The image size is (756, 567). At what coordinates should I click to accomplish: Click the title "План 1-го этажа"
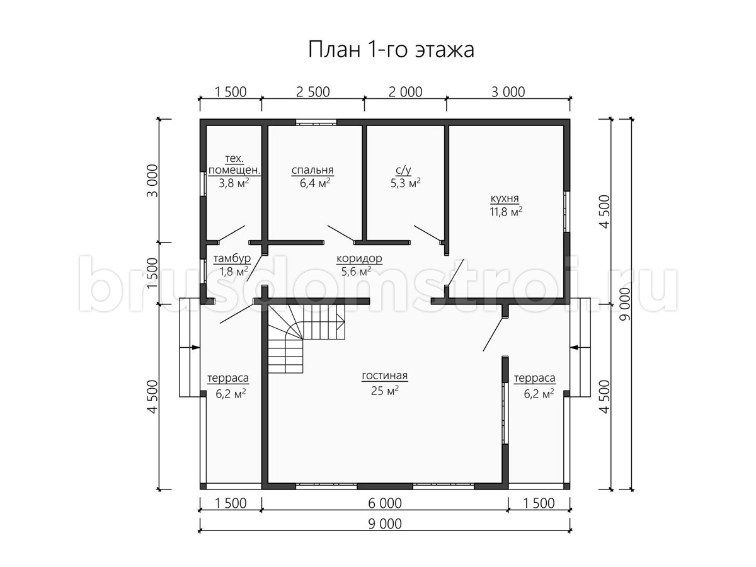click(391, 50)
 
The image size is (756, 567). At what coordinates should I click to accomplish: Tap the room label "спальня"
click(312, 170)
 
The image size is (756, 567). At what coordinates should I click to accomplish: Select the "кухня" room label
click(505, 198)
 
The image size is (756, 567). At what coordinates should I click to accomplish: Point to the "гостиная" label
click(385, 375)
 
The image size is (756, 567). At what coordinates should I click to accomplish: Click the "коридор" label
click(359, 258)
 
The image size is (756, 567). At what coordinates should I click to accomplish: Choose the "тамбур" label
click(232, 258)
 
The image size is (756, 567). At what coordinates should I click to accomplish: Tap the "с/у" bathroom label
click(403, 170)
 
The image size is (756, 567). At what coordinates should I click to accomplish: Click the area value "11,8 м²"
click(506, 211)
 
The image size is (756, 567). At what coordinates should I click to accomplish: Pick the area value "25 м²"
click(385, 390)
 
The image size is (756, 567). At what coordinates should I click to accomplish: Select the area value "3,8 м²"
click(234, 183)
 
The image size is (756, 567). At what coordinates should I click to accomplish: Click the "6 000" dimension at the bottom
click(385, 503)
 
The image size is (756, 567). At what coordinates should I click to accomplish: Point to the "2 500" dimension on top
click(312, 92)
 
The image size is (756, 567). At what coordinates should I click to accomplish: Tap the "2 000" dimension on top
click(405, 92)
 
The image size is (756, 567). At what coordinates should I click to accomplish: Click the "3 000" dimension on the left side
click(152, 181)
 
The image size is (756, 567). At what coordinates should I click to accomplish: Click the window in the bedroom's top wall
click(316, 122)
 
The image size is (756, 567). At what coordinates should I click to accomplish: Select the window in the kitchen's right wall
click(566, 212)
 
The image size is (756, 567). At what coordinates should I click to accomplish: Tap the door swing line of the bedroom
click(341, 233)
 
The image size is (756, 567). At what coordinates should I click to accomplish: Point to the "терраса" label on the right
click(534, 379)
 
